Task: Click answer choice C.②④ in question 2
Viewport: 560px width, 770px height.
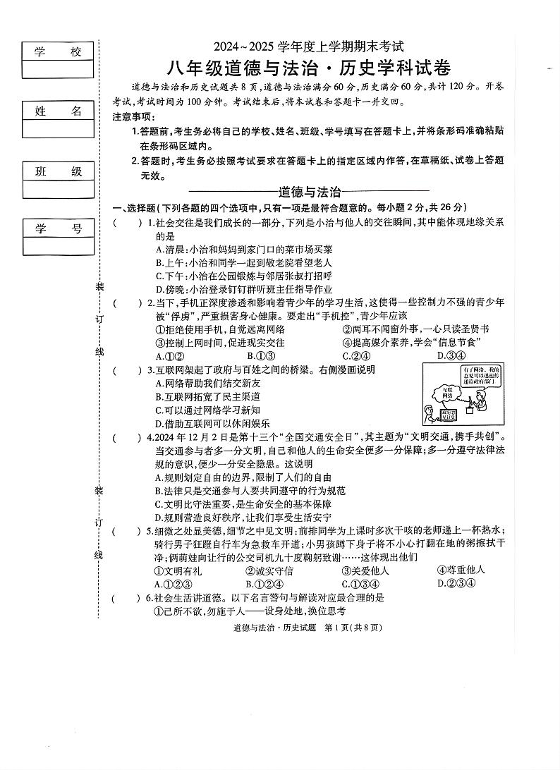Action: (x=357, y=355)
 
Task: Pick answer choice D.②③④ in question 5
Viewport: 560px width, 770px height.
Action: (x=456, y=583)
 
